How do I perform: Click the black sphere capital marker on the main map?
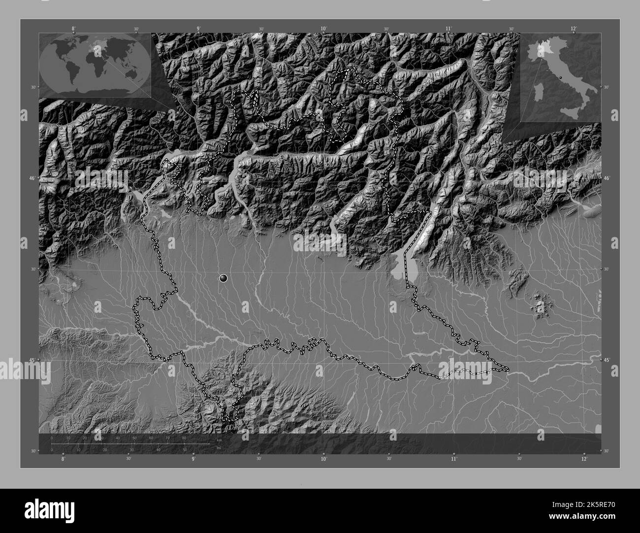224,279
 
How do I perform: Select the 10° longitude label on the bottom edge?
323,459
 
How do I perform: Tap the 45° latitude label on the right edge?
607,360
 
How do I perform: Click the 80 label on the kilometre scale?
184,438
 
